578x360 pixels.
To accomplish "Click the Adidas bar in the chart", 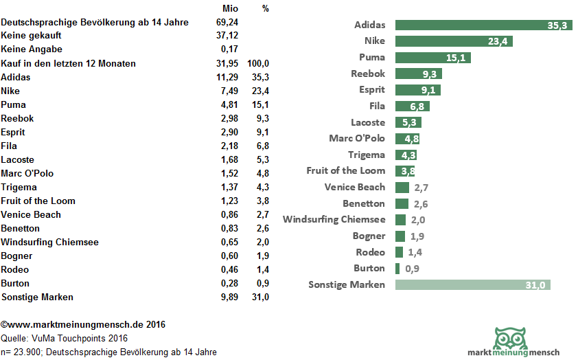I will click(x=483, y=25).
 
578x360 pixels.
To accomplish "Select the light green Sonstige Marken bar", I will click(x=473, y=284).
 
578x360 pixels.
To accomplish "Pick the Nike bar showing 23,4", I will click(x=454, y=41).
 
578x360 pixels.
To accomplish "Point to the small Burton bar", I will click(x=397, y=268).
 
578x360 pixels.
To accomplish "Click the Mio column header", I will click(x=231, y=8).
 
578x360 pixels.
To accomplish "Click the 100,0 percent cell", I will click(x=263, y=63).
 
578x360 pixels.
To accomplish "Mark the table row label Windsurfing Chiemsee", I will click(x=50, y=242).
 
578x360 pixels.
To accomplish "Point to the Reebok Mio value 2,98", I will click(x=229, y=118).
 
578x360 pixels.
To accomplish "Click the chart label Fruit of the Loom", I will click(x=346, y=170).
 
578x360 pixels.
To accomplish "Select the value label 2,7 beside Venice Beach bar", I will click(x=421, y=187).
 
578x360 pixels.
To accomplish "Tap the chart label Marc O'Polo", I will click(x=357, y=138).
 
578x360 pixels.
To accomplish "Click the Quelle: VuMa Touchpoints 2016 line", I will click(x=65, y=338).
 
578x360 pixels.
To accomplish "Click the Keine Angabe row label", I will click(x=32, y=49).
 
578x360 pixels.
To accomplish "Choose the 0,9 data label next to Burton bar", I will click(x=413, y=268).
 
